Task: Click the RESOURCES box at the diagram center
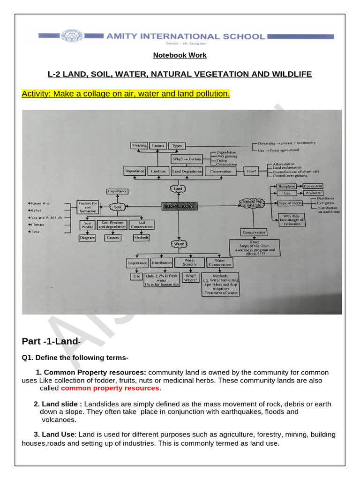178,205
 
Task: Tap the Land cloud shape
178,188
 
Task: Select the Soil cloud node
117,206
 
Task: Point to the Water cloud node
178,244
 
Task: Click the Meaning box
139,146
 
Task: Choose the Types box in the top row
177,146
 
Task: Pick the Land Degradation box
187,172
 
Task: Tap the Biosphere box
286,187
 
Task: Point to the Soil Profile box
88,225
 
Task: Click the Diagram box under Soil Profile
88,238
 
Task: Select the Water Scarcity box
189,262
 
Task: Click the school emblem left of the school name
90,36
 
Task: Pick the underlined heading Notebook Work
180,55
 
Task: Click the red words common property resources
110,388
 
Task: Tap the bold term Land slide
62,404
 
